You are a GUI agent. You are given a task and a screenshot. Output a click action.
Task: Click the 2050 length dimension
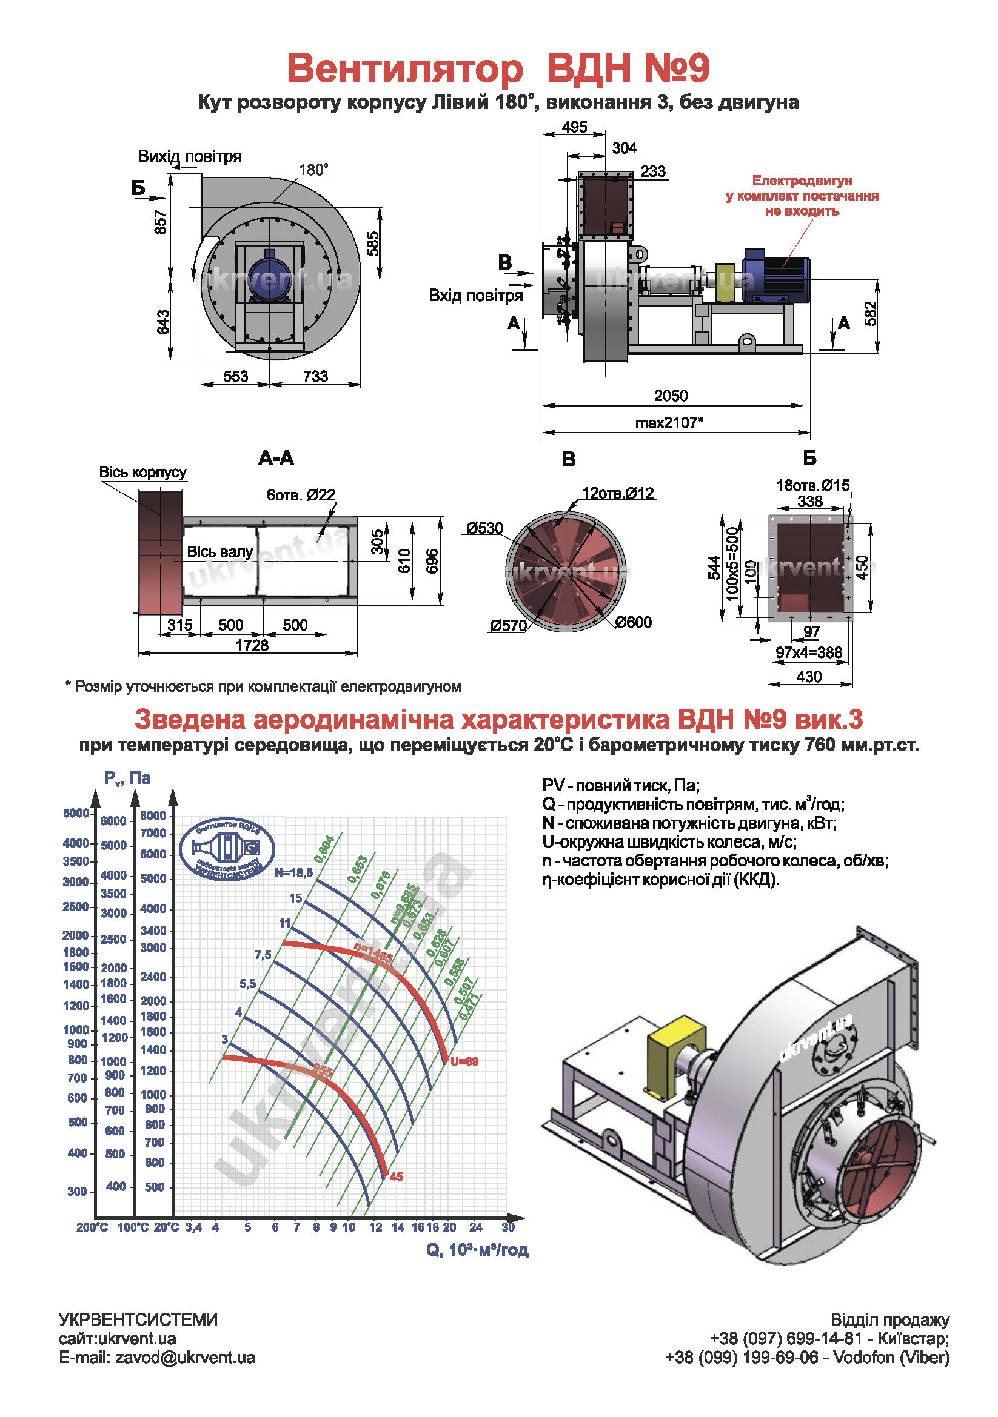pos(670,396)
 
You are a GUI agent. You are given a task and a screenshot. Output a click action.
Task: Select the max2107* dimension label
pos(669,423)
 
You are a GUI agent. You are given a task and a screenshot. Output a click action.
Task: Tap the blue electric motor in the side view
pos(775,274)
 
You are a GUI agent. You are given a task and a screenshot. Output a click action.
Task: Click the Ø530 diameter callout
pos(484,528)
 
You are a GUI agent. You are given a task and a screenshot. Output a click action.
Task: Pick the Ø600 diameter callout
pos(633,622)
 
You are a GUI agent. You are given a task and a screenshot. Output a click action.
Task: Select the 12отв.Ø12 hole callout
pos(618,493)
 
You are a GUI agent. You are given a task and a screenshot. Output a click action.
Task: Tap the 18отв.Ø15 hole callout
pos(812,485)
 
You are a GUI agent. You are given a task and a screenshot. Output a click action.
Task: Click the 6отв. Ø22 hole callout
pos(301,495)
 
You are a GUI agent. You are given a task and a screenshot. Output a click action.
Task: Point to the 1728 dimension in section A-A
pos(252,646)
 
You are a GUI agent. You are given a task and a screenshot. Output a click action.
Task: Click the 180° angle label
pos(313,170)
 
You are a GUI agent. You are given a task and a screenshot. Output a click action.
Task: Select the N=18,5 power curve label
pos(294,872)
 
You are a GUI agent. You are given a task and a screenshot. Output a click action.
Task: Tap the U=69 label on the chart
pos(464,1061)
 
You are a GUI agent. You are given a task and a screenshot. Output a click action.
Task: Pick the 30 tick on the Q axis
pos(507,1227)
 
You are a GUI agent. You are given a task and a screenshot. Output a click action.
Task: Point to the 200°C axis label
pos(92,1227)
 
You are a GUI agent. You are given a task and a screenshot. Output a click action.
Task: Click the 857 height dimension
pos(161,222)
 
